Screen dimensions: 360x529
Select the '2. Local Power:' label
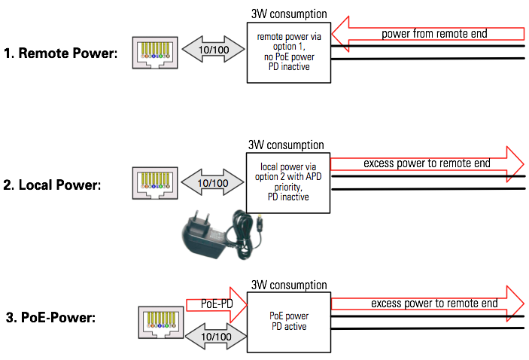click(x=52, y=185)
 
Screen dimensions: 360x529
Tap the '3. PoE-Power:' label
click(x=50, y=317)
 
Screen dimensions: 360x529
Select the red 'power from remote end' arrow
click(x=428, y=34)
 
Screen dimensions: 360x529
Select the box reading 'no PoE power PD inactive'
click(x=289, y=52)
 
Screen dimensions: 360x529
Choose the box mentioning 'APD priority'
click(x=289, y=182)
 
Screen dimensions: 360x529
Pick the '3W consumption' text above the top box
click(x=289, y=14)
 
